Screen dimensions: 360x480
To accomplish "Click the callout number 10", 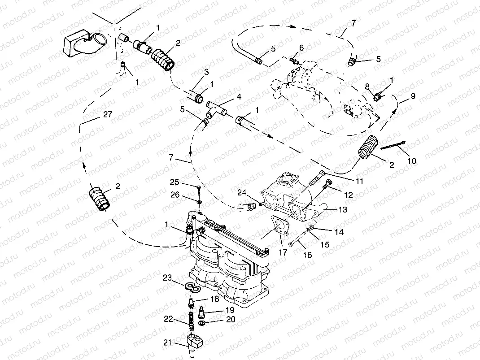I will pyautogui.click(x=411, y=160).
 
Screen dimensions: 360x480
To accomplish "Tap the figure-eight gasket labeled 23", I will pyautogui.click(x=191, y=286).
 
